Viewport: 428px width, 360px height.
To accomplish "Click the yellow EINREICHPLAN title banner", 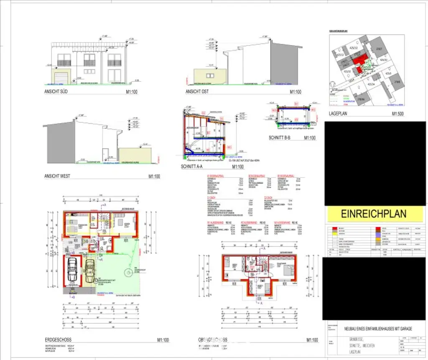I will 373,214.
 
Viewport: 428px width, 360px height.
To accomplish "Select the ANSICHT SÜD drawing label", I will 56,91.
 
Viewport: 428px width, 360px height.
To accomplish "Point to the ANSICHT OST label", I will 196,91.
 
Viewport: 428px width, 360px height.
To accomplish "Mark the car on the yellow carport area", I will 89,271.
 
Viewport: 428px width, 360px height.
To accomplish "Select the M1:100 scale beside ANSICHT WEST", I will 154,176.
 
